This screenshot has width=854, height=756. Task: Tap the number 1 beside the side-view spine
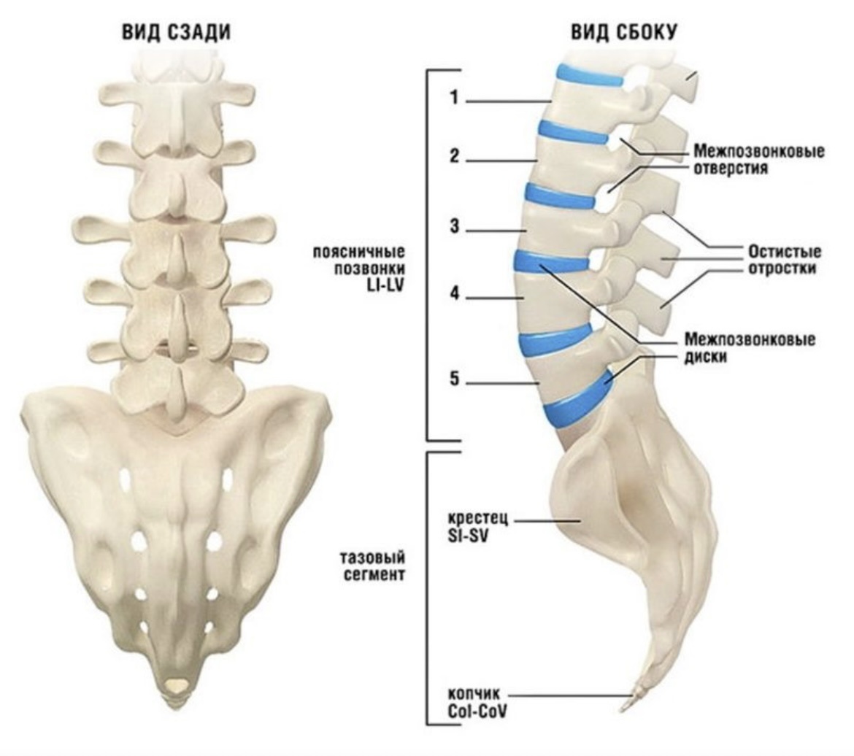453,99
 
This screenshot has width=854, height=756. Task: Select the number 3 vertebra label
454,228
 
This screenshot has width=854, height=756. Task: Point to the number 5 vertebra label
454,380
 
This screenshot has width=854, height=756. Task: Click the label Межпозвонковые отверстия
759,161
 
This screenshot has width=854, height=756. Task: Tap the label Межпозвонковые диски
750,348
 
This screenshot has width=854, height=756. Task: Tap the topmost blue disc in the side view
590,76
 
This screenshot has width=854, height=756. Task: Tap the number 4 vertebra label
454,296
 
